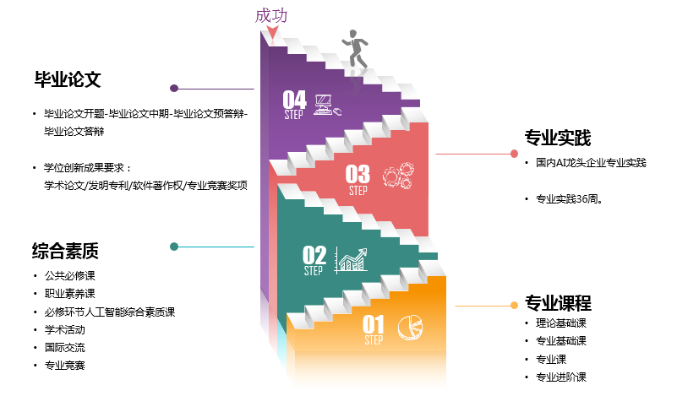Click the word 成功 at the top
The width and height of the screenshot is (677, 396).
click(271, 15)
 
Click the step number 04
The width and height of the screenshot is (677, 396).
click(294, 100)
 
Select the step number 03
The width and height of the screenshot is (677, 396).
click(358, 174)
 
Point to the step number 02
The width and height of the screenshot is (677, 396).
click(314, 254)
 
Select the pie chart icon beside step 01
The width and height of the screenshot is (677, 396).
click(411, 325)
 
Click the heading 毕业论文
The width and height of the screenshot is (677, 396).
click(68, 80)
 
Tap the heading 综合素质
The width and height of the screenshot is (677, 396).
click(66, 250)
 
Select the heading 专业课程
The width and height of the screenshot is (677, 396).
click(558, 304)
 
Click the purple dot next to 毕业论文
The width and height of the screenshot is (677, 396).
click(174, 88)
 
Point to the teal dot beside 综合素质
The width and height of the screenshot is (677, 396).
click(174, 247)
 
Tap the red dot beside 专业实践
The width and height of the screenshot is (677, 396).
click(514, 154)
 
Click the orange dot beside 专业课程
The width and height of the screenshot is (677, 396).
click(514, 305)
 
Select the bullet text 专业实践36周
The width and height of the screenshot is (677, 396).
click(574, 199)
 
